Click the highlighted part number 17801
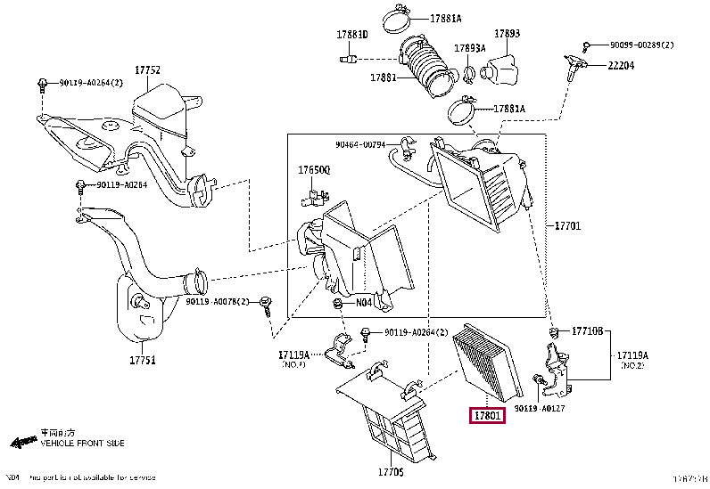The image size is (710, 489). (x=488, y=414)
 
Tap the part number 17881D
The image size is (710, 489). (x=351, y=35)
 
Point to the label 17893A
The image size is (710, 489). (x=469, y=48)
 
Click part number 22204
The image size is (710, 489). (x=623, y=65)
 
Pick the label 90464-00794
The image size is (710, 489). (x=360, y=144)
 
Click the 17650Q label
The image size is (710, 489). (x=313, y=169)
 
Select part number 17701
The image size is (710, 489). (x=567, y=226)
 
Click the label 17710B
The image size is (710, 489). (x=588, y=330)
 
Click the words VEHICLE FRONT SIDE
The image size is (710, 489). (x=83, y=443)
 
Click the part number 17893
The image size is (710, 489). (x=507, y=34)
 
